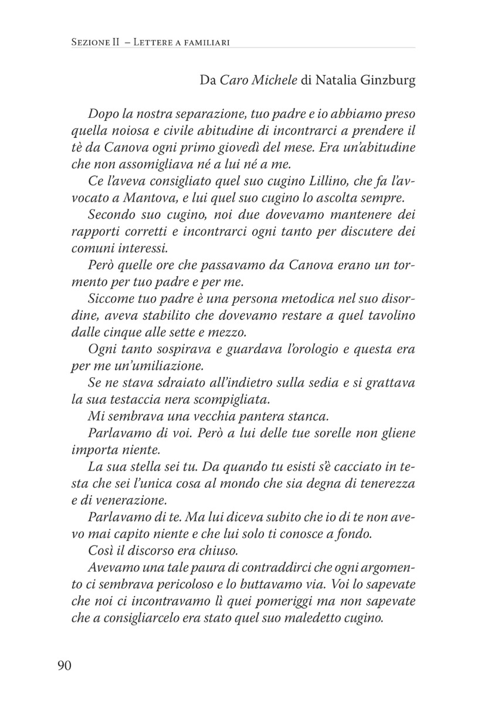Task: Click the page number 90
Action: point(65,665)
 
